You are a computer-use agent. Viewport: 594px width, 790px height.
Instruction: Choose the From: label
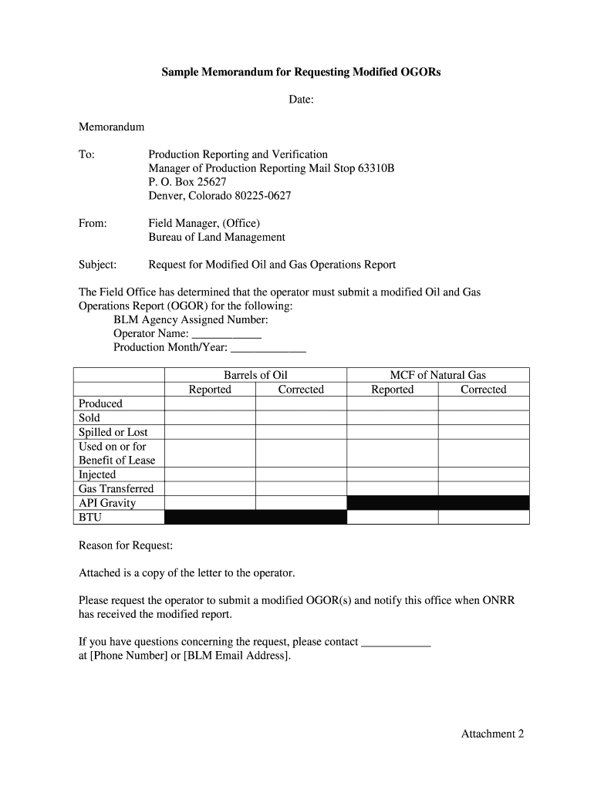93,224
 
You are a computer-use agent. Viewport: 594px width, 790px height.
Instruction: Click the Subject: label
98,265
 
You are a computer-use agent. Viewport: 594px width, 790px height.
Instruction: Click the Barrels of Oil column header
255,375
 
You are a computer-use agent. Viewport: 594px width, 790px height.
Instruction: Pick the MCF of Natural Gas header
437,375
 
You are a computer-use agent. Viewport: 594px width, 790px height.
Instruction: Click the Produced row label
100,403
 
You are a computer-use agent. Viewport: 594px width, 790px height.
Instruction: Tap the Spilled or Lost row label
113,432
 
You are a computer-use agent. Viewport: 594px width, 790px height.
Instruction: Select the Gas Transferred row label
116,488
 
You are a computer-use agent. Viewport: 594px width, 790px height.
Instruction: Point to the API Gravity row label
107,503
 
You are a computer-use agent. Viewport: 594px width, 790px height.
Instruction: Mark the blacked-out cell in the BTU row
255,518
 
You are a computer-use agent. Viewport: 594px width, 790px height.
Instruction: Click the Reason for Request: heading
126,545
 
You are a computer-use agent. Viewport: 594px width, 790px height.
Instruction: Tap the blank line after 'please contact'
396,642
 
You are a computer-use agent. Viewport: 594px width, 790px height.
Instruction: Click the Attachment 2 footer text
492,734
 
